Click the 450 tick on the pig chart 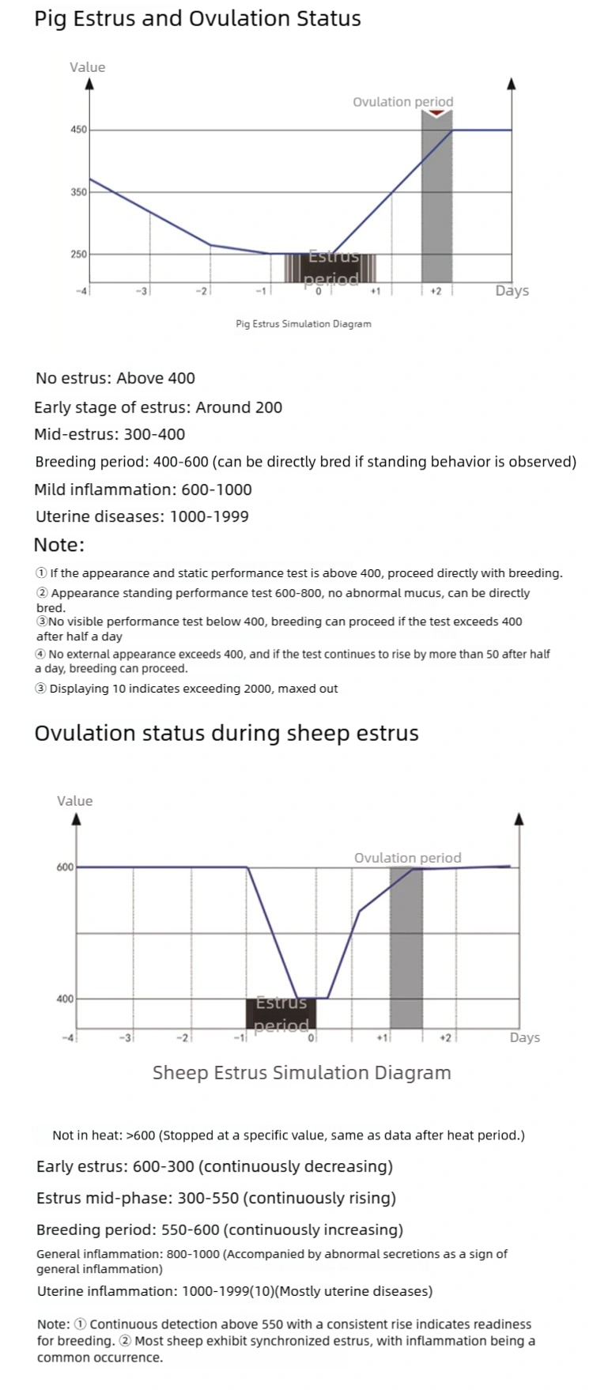coord(78,130)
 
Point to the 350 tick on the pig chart coord(78,192)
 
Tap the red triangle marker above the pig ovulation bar coord(436,114)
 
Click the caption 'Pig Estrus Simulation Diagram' coord(304,323)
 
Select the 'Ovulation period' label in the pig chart coord(402,102)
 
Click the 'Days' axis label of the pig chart coord(512,291)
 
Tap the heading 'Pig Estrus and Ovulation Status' coord(198,19)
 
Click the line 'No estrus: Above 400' coord(115,378)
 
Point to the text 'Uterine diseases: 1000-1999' coord(142,516)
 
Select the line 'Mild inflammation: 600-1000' coord(143,489)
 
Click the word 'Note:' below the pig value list coord(59,545)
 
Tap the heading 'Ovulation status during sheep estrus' coord(226,733)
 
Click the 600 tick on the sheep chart coord(65,867)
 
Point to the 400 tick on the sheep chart coord(65,999)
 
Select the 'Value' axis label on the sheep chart coord(74,801)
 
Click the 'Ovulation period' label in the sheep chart coord(407,858)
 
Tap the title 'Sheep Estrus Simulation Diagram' coord(301,1073)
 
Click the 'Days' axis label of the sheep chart coord(524,1037)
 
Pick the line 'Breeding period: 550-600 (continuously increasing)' coord(220,1229)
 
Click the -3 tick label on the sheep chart coord(126,1037)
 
